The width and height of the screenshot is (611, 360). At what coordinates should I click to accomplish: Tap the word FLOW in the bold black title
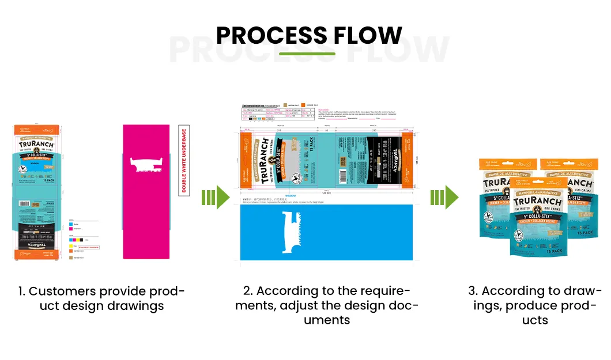click(366, 36)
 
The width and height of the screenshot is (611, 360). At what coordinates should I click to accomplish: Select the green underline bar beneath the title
click(307, 54)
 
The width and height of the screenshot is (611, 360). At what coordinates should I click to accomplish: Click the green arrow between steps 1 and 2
click(215, 198)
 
